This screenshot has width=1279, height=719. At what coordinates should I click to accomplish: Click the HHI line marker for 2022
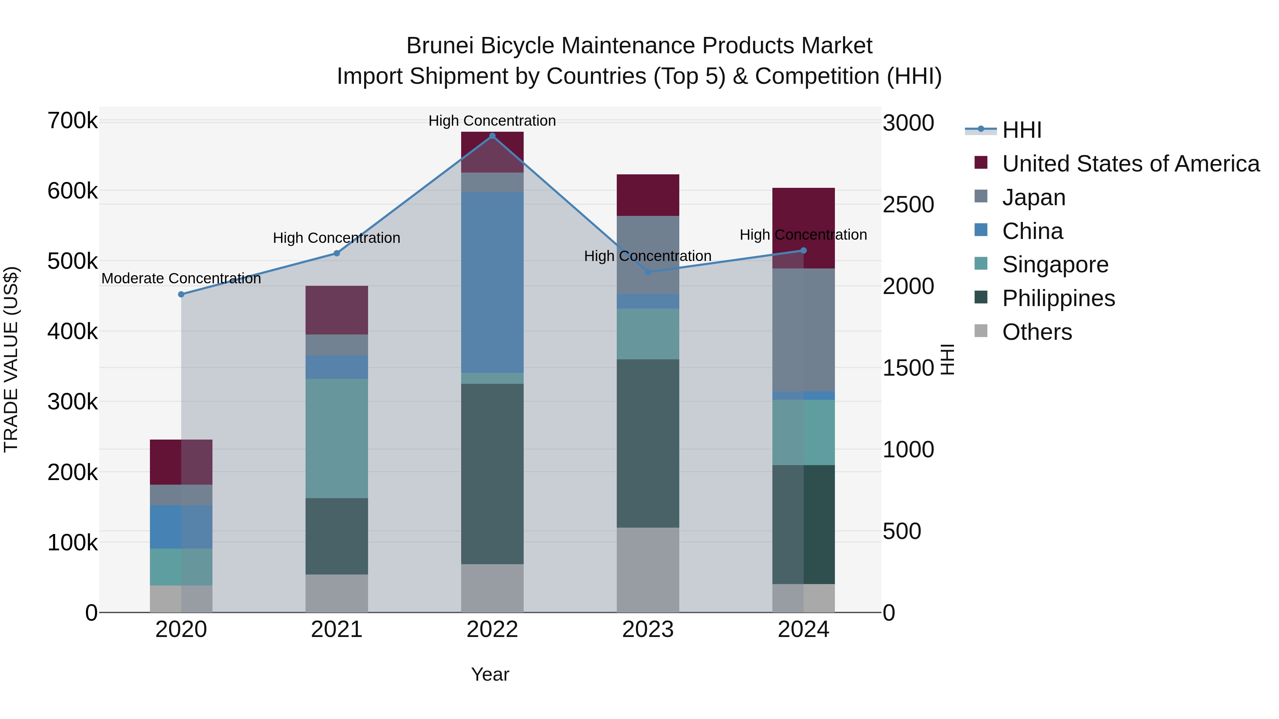(492, 136)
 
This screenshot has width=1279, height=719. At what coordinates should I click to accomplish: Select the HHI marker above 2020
(181, 294)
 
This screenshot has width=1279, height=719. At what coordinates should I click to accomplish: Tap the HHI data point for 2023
(647, 272)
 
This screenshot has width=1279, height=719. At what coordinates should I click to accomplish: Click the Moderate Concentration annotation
(181, 278)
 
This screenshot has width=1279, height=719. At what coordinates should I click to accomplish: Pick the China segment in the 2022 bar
(492, 282)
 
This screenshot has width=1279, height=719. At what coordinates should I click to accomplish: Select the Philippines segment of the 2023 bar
(647, 443)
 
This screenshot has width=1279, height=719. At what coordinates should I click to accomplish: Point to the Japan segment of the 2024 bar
(803, 330)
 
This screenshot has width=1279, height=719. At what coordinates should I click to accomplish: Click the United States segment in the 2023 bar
(647, 195)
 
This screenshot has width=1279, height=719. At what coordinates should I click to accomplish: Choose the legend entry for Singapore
(1055, 265)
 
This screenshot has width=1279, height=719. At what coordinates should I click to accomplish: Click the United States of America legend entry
(1130, 164)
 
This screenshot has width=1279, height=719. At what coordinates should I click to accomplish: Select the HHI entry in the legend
(1021, 130)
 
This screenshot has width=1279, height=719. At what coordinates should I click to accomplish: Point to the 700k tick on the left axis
(72, 121)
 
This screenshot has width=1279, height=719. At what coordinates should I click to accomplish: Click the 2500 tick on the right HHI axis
(908, 205)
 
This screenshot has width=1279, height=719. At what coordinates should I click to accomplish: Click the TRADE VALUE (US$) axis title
(11, 359)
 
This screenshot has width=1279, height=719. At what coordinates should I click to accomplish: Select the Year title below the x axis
(490, 674)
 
